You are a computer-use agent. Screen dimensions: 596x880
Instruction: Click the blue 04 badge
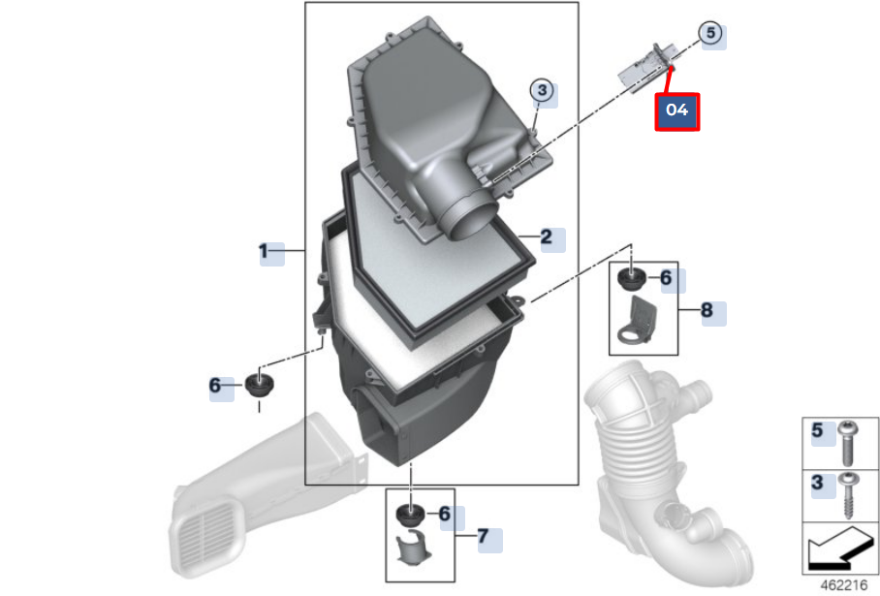pos(676,111)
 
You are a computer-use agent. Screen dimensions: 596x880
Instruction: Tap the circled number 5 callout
pos(710,33)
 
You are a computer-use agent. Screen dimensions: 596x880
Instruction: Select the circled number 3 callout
pos(542,90)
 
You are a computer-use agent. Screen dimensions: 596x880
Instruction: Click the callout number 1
pos(263,252)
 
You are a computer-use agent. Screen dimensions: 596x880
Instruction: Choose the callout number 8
pos(707,311)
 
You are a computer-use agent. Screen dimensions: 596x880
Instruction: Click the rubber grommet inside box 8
pos(632,280)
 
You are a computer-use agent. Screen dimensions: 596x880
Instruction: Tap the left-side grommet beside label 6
pos(259,385)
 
